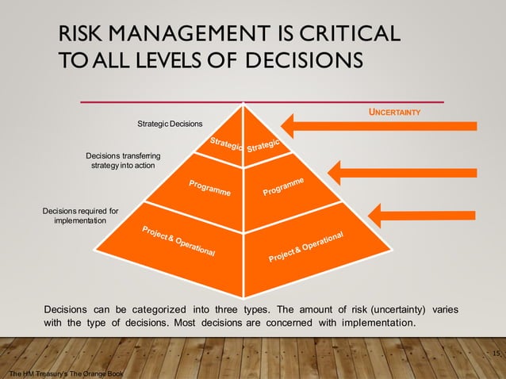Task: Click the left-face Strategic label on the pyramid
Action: (x=225, y=144)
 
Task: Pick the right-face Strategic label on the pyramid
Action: (x=264, y=145)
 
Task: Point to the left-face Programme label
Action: (x=210, y=189)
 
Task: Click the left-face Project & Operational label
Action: (x=178, y=241)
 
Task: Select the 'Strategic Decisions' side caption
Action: (x=170, y=124)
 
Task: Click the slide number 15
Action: (x=496, y=353)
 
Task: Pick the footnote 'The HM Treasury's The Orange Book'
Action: (x=63, y=372)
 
